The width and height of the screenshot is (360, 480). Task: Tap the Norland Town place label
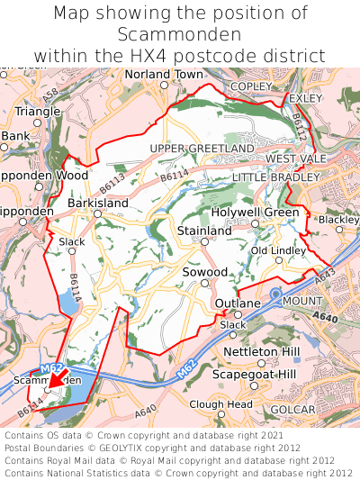click(x=163, y=74)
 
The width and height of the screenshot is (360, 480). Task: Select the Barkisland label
click(x=97, y=204)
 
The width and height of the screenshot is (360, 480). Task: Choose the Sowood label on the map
click(x=205, y=271)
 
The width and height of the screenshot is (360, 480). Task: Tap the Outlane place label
click(x=238, y=303)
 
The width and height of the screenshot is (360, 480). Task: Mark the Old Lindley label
click(x=278, y=249)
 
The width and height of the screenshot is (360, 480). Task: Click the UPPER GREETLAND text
click(x=202, y=148)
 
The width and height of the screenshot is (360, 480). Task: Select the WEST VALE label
click(x=296, y=158)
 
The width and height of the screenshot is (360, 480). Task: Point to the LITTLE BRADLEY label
click(x=276, y=177)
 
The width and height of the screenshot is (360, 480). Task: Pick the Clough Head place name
click(x=220, y=405)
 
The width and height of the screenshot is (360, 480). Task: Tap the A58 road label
click(x=50, y=93)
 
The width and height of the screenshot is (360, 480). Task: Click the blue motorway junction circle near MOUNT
click(x=275, y=294)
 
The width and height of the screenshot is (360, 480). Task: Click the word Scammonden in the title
click(x=179, y=34)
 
